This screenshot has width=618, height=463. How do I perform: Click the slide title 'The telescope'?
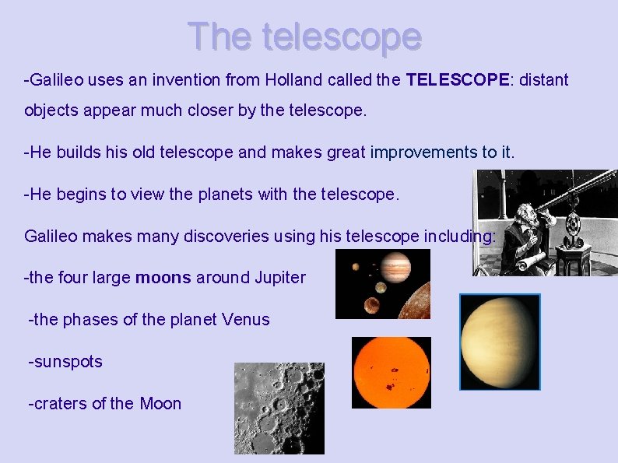coord(304,36)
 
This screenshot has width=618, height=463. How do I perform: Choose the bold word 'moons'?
coord(163,278)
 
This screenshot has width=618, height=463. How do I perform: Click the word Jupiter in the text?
coord(280,278)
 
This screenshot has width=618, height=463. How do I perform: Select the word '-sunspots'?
coord(65,362)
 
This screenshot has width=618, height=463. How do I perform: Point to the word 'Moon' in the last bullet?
coord(160,404)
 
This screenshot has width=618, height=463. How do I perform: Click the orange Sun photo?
coord(391,372)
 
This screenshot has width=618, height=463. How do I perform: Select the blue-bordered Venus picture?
coord(500,342)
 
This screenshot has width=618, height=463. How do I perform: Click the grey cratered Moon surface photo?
coord(279,408)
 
